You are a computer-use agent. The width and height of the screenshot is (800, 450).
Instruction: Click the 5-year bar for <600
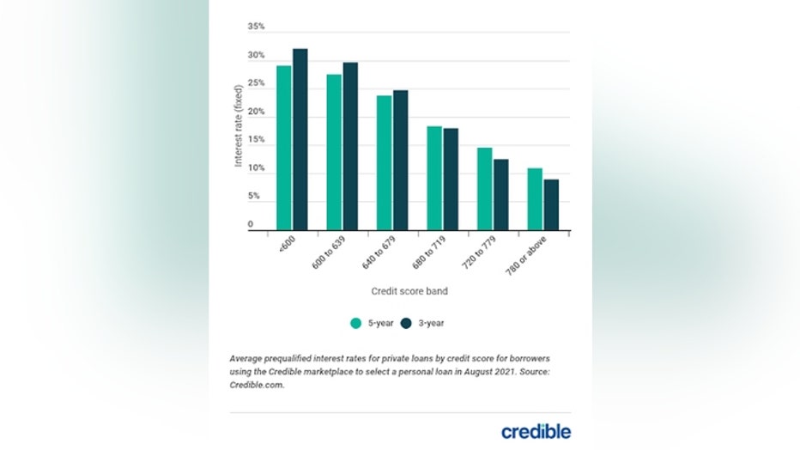283,148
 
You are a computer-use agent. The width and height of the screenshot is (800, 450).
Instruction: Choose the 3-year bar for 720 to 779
501,194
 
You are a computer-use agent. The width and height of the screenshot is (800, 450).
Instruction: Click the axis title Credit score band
409,291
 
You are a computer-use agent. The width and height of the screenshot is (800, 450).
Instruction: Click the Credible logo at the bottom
536,430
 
